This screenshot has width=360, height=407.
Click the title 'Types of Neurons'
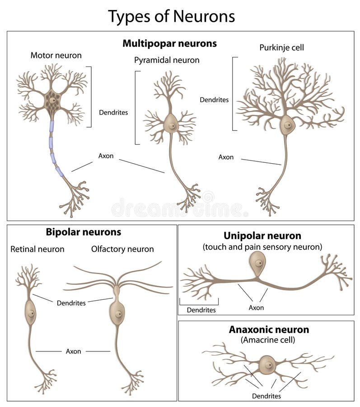click(x=171, y=16)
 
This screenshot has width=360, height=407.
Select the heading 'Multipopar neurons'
click(x=169, y=44)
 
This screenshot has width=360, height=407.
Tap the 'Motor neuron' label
click(x=56, y=56)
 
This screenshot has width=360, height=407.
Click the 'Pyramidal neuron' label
click(x=167, y=60)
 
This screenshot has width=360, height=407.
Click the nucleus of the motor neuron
click(x=53, y=100)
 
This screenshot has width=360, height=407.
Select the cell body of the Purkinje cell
click(x=287, y=125)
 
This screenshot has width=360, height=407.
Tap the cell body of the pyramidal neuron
click(x=170, y=123)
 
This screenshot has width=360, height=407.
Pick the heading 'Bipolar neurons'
click(x=84, y=232)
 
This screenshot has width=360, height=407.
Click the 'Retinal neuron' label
click(x=37, y=249)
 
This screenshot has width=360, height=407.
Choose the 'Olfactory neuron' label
click(x=122, y=249)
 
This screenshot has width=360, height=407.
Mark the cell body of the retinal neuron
click(x=30, y=312)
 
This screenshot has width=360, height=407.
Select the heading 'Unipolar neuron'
click(x=262, y=236)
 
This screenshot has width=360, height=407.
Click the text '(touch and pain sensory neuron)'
click(x=262, y=247)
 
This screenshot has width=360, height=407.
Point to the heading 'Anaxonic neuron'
click(x=262, y=330)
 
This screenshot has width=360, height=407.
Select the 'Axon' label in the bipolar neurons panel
click(x=74, y=351)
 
